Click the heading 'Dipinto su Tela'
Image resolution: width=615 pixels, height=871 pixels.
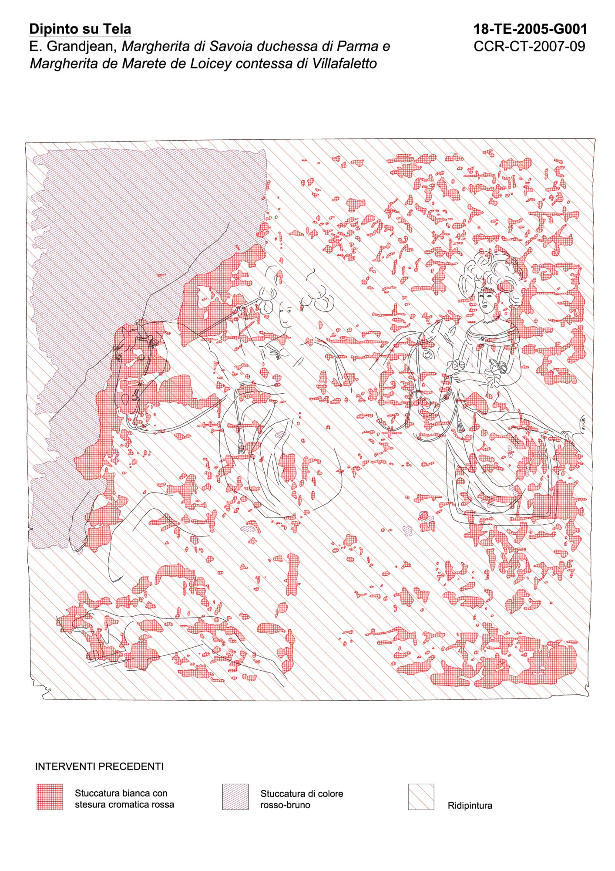80,29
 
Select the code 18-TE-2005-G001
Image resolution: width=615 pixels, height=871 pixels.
530,29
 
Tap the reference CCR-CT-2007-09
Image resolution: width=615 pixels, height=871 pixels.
529,46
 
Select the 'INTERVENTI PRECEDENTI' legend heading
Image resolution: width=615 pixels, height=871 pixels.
99,766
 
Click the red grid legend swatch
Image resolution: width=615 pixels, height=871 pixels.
50,797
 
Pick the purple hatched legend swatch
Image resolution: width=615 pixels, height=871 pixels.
235,797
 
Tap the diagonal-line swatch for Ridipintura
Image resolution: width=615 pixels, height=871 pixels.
421,797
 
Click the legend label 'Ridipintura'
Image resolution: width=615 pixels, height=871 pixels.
470,805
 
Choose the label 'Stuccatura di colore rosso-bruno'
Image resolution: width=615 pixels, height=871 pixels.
302,799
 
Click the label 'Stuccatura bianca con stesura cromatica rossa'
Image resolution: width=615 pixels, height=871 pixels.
124,799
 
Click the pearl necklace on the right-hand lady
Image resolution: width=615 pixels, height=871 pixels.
491,321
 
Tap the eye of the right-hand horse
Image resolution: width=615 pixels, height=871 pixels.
428,355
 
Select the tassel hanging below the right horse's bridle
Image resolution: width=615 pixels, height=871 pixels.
459,424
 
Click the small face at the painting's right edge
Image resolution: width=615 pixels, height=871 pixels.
582,422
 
